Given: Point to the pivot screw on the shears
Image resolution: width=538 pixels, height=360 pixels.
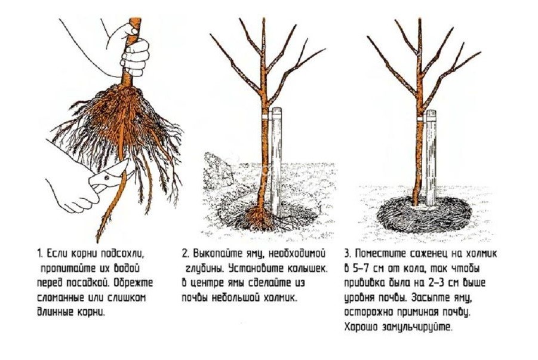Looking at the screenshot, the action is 107,177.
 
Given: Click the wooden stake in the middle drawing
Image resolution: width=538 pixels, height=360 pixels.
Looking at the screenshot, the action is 276,161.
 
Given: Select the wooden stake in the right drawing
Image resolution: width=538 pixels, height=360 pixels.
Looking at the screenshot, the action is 431,158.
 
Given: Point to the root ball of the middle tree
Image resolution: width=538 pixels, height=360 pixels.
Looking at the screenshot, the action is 258,219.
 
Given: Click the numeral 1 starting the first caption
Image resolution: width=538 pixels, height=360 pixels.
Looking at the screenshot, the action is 39,254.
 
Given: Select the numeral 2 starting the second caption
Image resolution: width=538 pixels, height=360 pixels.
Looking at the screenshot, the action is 185,254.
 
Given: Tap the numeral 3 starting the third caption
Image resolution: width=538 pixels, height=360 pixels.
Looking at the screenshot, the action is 348,254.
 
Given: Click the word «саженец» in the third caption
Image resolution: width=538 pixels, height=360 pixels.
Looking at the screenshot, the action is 427,254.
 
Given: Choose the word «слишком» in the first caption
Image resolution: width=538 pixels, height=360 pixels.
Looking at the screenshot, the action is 127,298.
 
